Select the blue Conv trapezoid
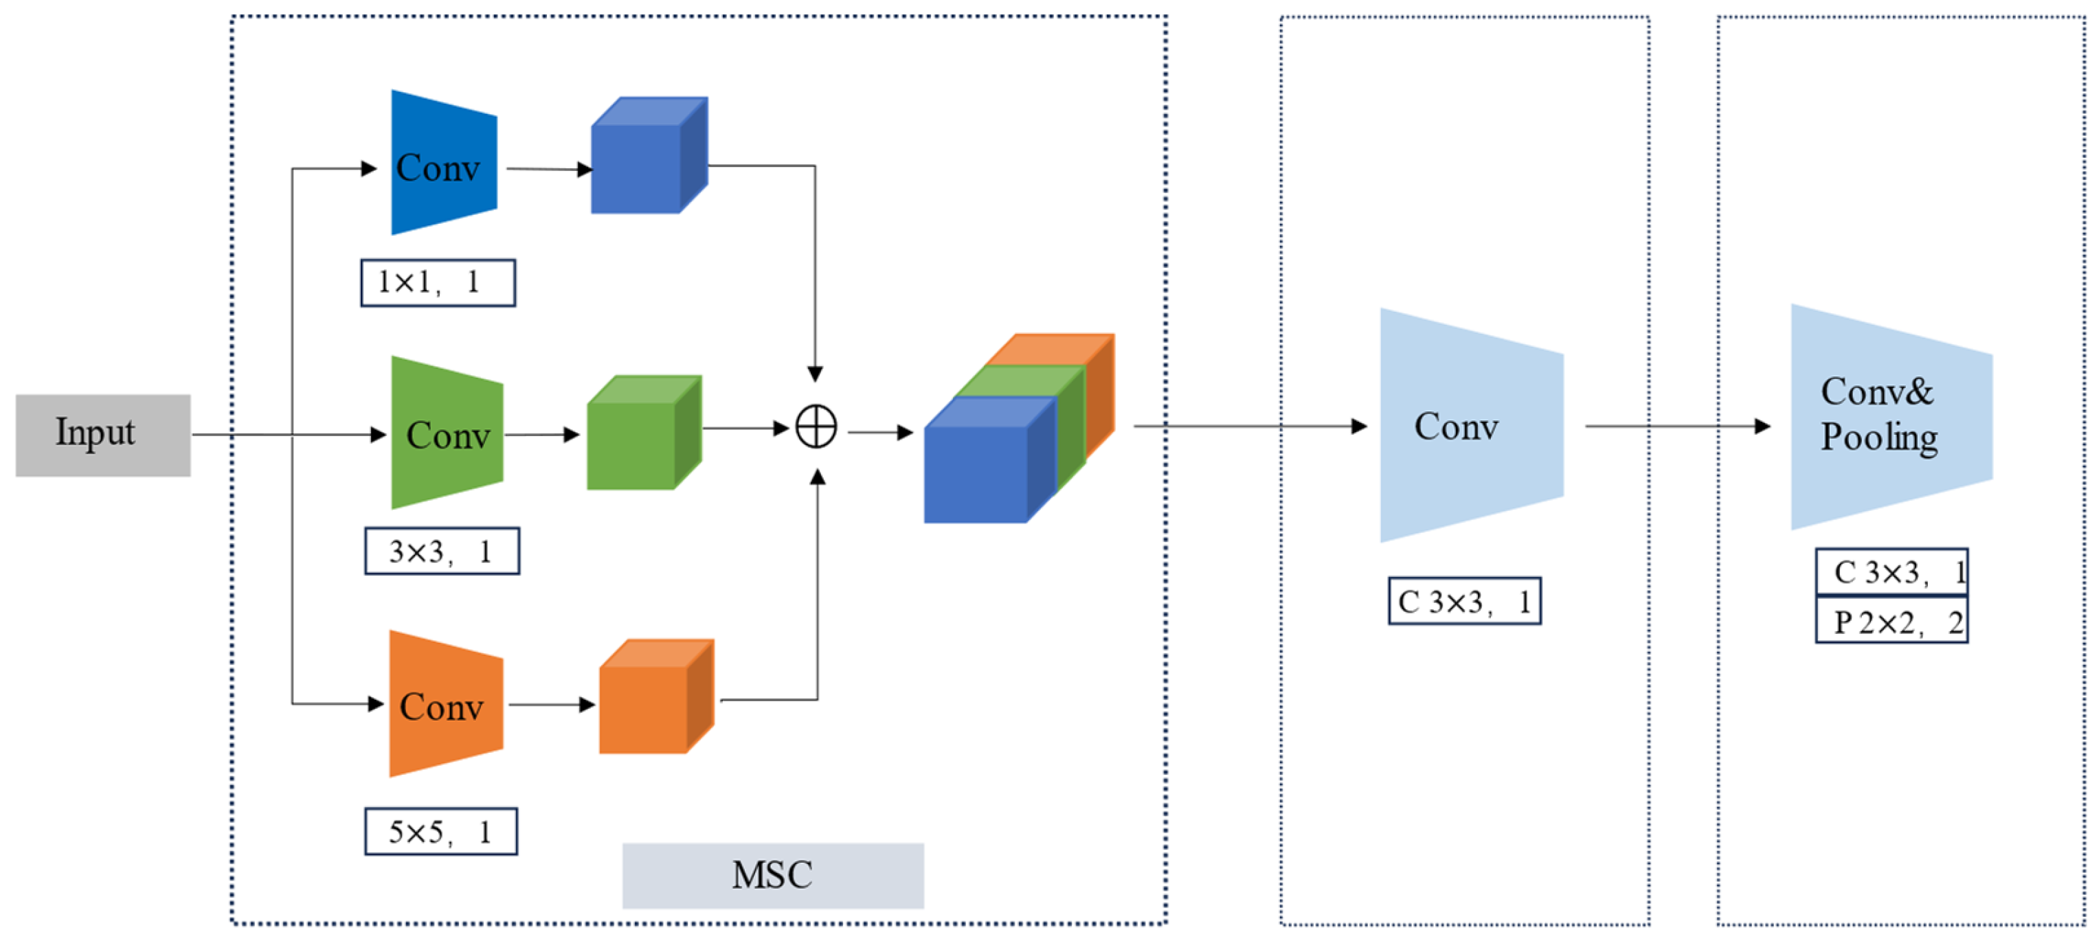[444, 163]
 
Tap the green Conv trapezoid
[447, 433]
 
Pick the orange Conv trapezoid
[446, 704]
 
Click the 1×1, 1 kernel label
[438, 283]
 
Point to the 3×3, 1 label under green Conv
[442, 552]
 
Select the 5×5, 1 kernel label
[441, 832]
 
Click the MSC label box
[772, 875]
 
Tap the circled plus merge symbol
[816, 427]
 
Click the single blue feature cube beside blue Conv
[649, 156]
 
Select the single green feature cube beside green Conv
[644, 433]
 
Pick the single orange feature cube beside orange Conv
[656, 696]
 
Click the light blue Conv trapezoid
[1471, 425]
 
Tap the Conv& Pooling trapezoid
[1892, 417]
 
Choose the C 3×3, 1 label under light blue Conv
[1464, 601]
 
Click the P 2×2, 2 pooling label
[1892, 621]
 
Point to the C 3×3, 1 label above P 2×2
[1892, 573]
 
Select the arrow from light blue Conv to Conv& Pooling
[1678, 426]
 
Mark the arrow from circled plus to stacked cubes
[881, 433]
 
